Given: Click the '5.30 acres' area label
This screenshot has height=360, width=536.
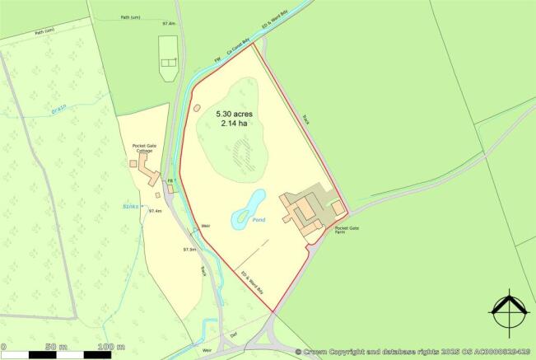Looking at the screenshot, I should (235, 112).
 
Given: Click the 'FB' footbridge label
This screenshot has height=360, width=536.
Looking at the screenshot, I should (171, 180).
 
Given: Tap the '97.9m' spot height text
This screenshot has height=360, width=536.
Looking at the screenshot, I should (190, 249).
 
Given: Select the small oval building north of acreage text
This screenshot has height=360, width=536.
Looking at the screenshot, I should (196, 107).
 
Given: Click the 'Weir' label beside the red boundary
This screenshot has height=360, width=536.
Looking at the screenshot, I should (207, 227).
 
